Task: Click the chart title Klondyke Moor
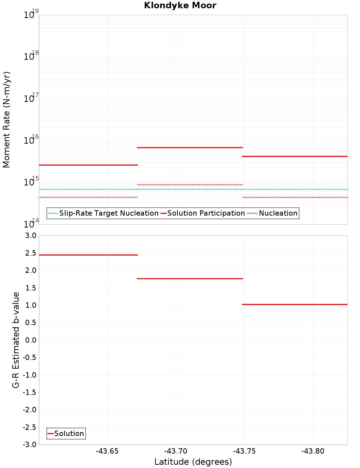click(x=180, y=5)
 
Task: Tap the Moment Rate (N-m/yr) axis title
click(x=6, y=120)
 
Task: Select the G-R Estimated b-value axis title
click(x=16, y=340)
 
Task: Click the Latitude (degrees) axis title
click(x=193, y=462)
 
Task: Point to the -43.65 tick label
click(x=107, y=451)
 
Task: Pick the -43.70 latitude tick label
click(x=176, y=451)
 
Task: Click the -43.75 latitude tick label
click(x=244, y=451)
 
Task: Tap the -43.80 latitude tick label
click(x=313, y=451)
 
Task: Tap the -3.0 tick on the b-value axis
click(x=30, y=445)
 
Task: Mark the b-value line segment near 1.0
click(x=294, y=305)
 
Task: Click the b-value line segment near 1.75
click(x=190, y=279)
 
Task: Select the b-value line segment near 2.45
click(x=88, y=255)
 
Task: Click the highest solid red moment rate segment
click(x=190, y=148)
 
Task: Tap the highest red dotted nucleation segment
click(x=190, y=185)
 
